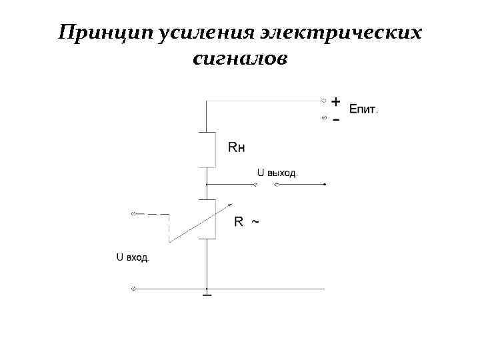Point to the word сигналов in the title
click(x=240, y=60)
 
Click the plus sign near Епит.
click(x=336, y=101)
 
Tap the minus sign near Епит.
click(x=336, y=119)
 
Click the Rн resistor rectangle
click(x=207, y=149)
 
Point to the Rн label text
click(x=236, y=147)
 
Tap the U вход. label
click(x=133, y=256)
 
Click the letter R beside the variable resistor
click(x=238, y=222)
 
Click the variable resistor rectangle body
click(x=207, y=219)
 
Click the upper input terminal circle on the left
click(x=133, y=214)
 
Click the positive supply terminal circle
click(x=324, y=101)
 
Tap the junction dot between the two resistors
click(x=207, y=184)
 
